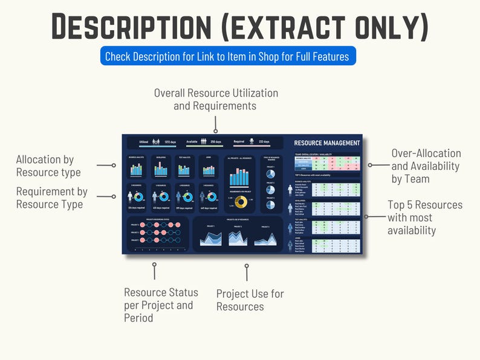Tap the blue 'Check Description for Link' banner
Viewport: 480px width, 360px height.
pyautogui.click(x=227, y=57)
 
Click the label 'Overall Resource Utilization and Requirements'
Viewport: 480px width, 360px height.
pyautogui.click(x=216, y=100)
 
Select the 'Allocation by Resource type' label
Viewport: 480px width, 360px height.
pyautogui.click(x=48, y=166)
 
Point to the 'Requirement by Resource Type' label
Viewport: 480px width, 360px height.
pyautogui.click(x=51, y=198)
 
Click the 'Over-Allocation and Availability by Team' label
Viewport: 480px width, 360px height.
pyautogui.click(x=426, y=166)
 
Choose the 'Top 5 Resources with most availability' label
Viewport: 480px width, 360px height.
pyautogui.click(x=424, y=217)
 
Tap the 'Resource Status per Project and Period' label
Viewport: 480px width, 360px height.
pyautogui.click(x=161, y=305)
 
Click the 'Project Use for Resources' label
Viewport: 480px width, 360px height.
pyautogui.click(x=250, y=300)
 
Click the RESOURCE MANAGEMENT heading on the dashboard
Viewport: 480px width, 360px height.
pyautogui.click(x=326, y=143)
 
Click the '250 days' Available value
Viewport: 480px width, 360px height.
pyautogui.click(x=215, y=142)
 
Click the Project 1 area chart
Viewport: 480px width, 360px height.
pyautogui.click(x=210, y=237)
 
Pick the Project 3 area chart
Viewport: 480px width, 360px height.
pyautogui.click(x=265, y=237)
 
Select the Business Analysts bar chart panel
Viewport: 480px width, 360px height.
pyautogui.click(x=135, y=167)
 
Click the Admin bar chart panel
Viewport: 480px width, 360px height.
pyautogui.click(x=207, y=167)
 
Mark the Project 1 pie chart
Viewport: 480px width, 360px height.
pyautogui.click(x=271, y=174)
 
